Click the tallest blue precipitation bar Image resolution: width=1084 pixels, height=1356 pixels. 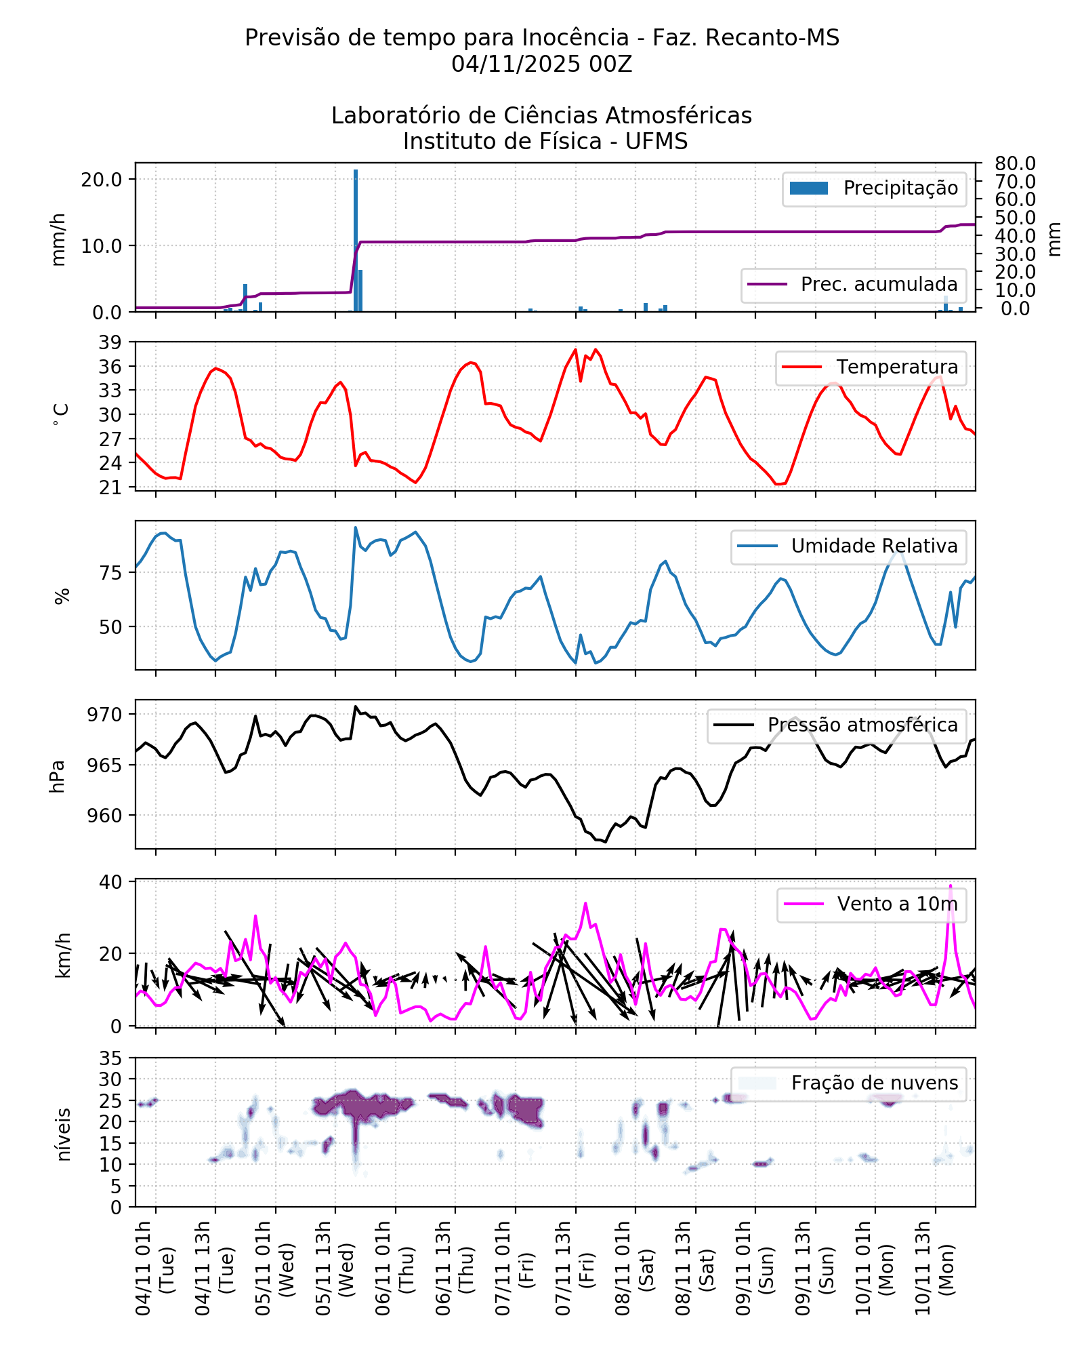point(356,241)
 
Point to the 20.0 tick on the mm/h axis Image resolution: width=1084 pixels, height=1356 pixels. point(102,180)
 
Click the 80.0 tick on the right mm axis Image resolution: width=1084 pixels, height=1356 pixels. point(1015,163)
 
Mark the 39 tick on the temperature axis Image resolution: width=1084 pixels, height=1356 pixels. point(110,342)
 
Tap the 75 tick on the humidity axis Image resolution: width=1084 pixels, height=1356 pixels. point(111,573)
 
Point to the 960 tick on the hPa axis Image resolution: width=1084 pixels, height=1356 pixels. point(105,816)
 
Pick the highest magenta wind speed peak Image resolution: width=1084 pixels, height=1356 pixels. point(951,886)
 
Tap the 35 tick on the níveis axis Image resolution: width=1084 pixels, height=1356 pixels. point(111,1058)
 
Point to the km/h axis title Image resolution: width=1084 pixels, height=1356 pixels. point(62,955)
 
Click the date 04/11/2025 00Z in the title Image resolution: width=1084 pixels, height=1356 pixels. point(541,64)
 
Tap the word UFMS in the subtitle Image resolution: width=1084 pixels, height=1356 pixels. point(656,142)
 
